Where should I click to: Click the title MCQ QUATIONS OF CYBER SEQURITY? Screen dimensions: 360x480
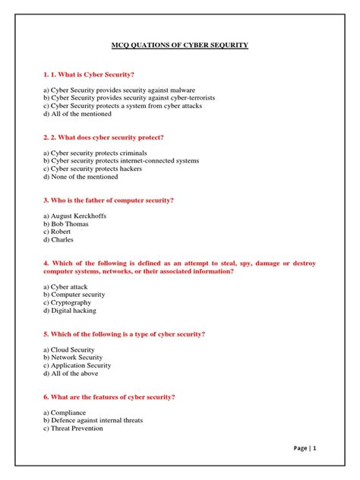click(x=180, y=46)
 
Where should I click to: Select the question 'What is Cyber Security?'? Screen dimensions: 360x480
click(x=90, y=74)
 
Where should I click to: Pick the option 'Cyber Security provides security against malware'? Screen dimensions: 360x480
click(x=114, y=90)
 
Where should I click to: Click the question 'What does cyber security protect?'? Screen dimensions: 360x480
click(x=104, y=137)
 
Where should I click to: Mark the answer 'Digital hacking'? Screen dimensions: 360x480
click(x=74, y=310)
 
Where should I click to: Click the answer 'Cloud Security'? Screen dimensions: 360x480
click(x=74, y=349)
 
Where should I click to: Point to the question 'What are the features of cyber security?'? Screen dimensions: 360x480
click(x=109, y=396)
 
